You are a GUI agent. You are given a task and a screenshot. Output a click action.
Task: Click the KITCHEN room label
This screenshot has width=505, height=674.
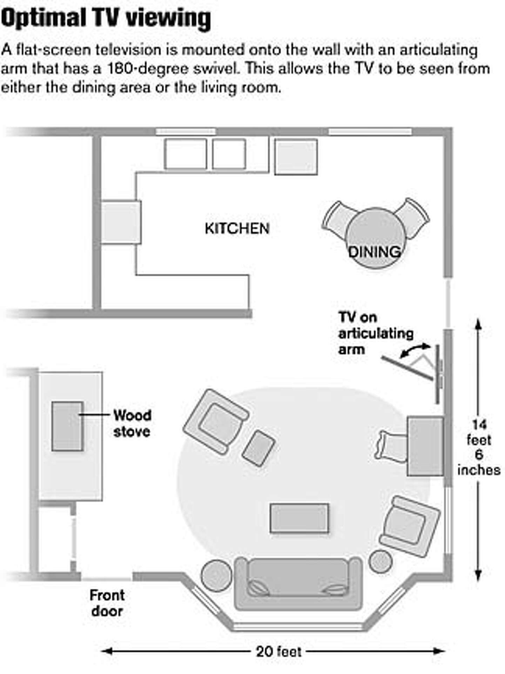coord(237,229)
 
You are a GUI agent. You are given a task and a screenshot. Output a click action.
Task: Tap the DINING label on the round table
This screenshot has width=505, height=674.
coord(374,252)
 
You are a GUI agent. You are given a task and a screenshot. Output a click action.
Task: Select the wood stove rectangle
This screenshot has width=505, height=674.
coord(67,426)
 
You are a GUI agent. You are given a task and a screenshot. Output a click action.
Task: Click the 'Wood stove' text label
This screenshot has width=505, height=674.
coord(132,423)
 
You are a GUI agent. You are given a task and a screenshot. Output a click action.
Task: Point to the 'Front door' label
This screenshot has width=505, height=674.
coord(107,603)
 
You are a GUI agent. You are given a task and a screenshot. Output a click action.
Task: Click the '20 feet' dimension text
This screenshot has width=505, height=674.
coord(279,652)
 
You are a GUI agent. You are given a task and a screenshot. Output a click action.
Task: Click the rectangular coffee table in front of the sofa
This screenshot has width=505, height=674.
coord(299,518)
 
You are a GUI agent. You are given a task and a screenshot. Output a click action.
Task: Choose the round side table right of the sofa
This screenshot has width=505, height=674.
coord(381,562)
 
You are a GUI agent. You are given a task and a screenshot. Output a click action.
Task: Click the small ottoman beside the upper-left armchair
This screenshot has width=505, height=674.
coord(259,448)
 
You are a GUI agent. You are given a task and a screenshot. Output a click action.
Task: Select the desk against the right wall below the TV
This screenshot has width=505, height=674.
coord(425,446)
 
